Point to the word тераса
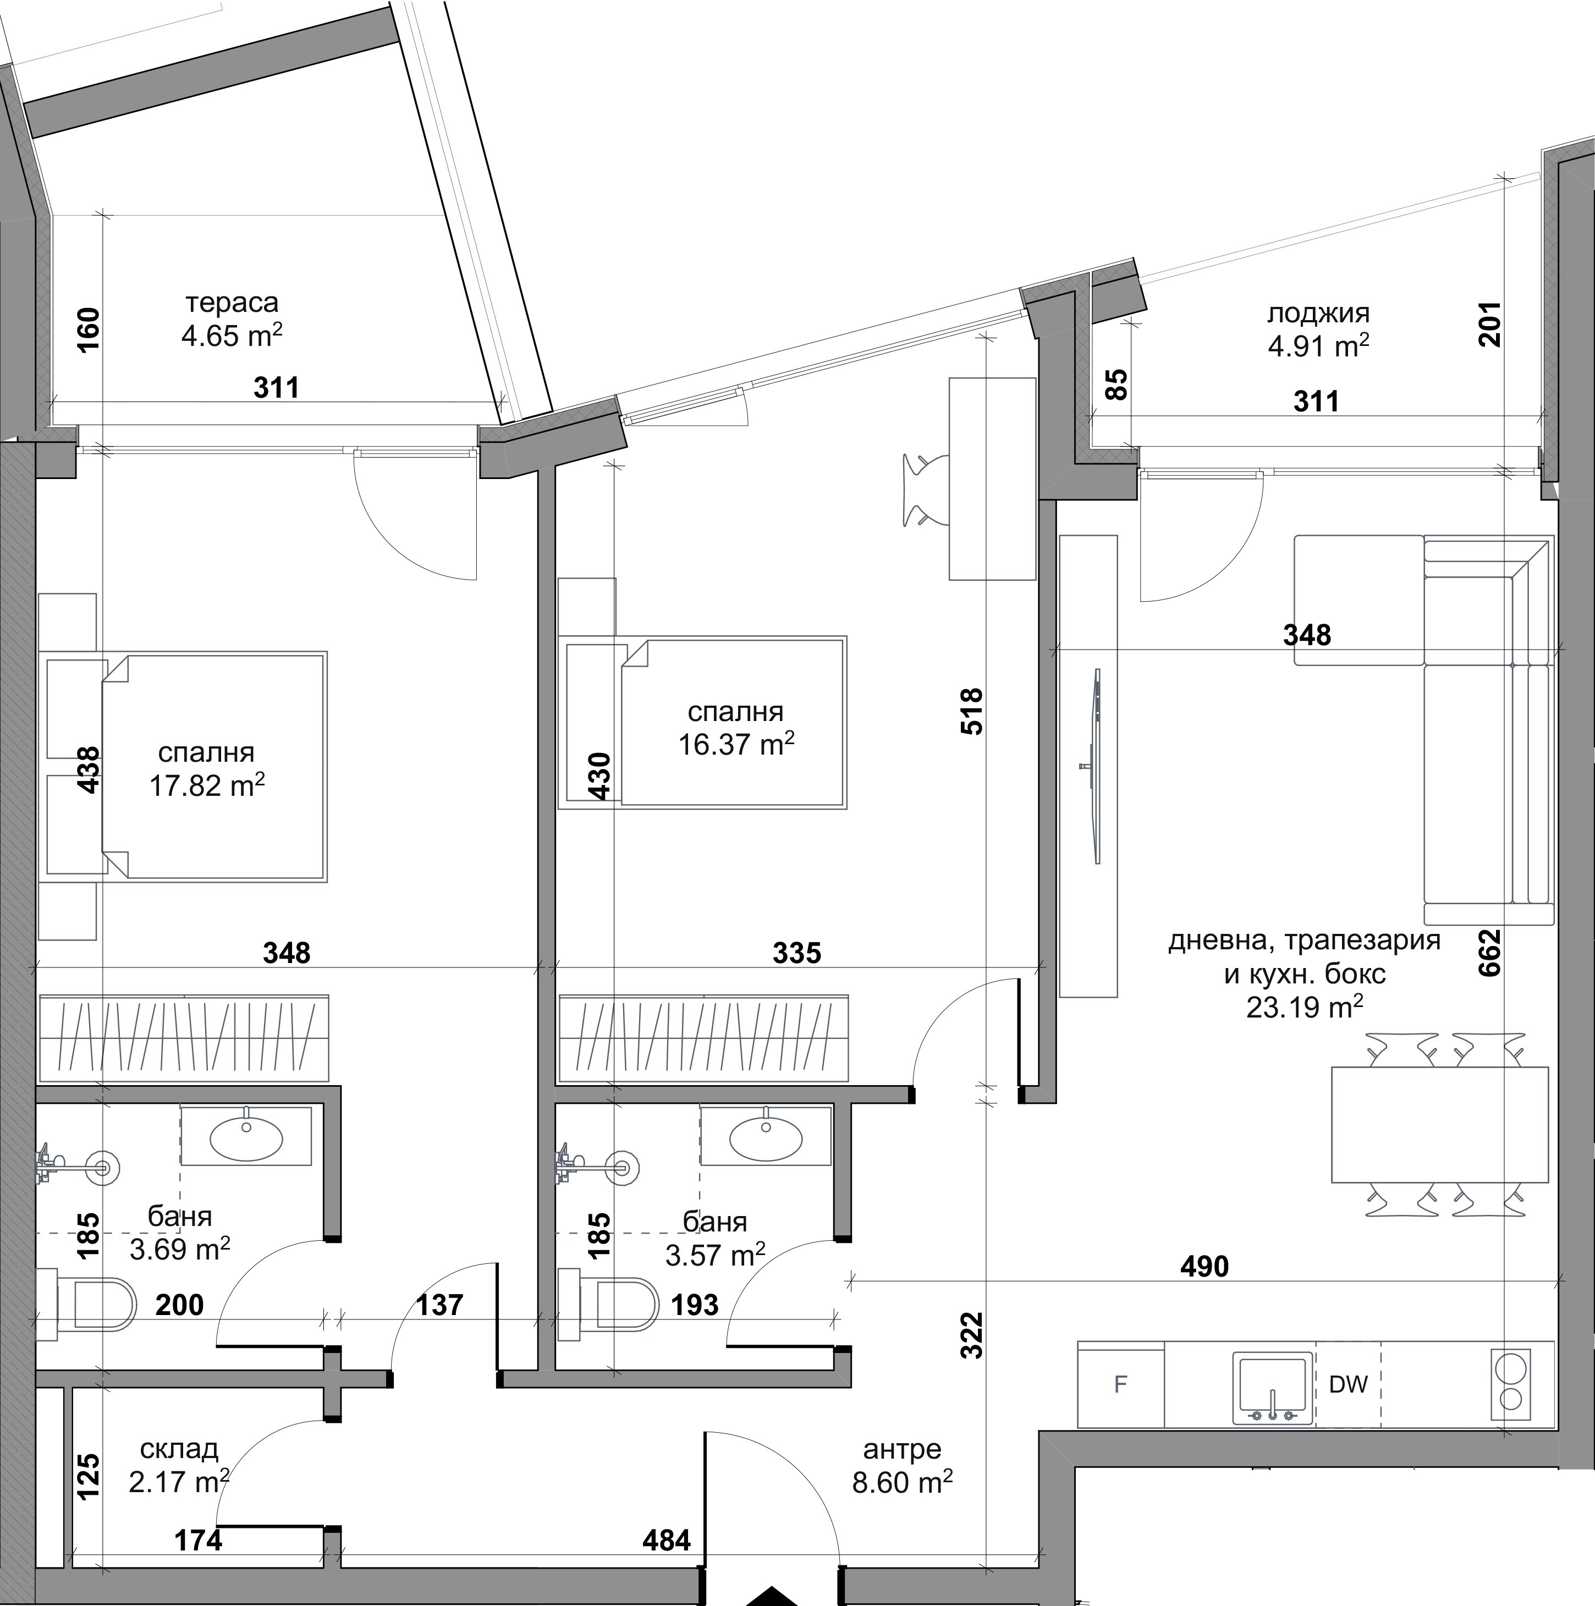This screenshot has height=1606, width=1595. (232, 302)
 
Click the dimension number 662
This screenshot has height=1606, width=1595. (1491, 952)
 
